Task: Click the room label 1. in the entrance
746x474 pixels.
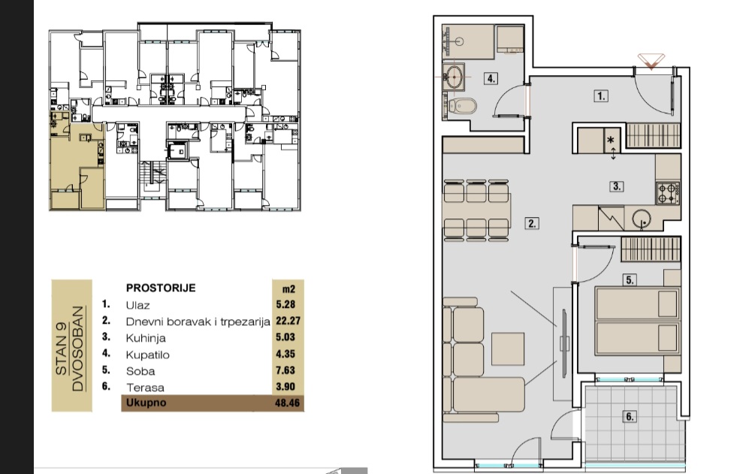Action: (601, 96)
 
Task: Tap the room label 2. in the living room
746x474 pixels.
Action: (531, 223)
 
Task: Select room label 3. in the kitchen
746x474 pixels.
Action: (617, 186)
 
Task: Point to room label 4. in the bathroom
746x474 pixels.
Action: (491, 79)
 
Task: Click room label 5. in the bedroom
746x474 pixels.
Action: (630, 280)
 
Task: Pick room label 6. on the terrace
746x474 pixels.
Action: (630, 417)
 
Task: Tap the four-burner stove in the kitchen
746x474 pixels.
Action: (668, 193)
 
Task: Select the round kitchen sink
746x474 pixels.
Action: (642, 219)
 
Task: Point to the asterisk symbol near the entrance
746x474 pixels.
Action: (611, 140)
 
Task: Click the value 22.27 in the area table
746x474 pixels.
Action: (288, 321)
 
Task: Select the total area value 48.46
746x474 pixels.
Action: (288, 403)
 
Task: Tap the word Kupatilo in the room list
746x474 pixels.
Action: (147, 355)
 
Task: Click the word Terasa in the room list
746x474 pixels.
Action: (145, 388)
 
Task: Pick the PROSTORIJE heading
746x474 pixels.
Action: (161, 288)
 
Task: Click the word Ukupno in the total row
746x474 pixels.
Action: (146, 403)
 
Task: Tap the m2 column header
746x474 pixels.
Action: (288, 289)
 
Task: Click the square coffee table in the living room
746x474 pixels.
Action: (508, 349)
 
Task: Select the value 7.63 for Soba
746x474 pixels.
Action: (285, 370)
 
